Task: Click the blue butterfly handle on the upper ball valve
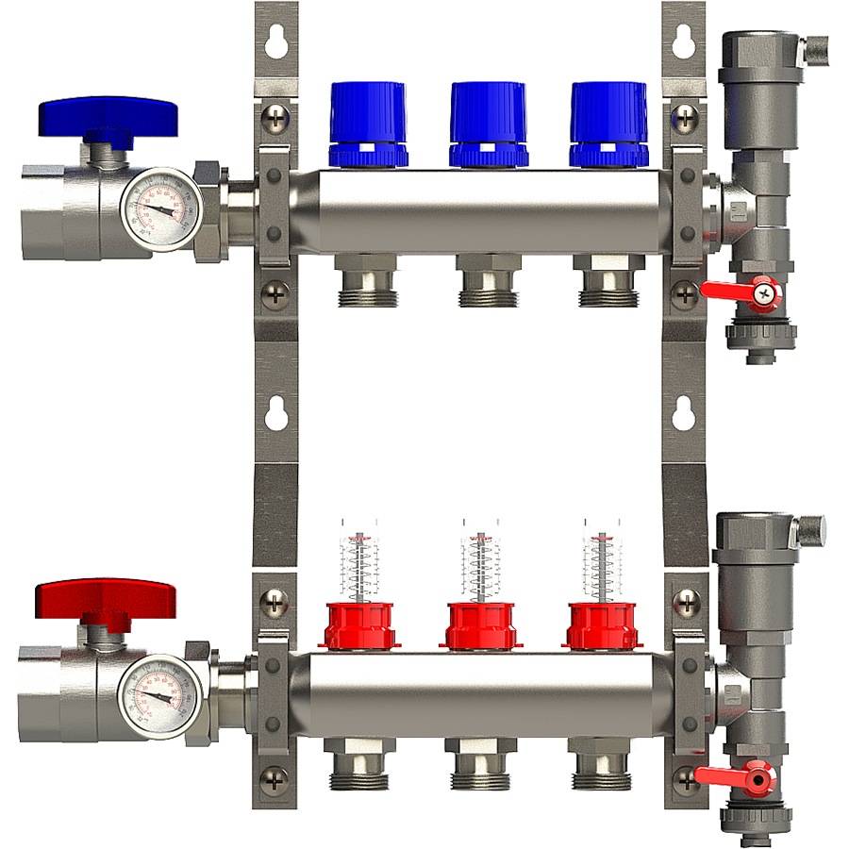(x=108, y=116)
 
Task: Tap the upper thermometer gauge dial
(x=161, y=208)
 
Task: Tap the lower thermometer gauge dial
(x=159, y=695)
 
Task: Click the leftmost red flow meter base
(x=359, y=625)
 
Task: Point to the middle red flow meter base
(x=480, y=625)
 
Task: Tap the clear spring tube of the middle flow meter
(x=480, y=565)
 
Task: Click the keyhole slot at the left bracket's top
(x=275, y=43)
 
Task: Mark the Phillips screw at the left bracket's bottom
(x=275, y=779)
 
